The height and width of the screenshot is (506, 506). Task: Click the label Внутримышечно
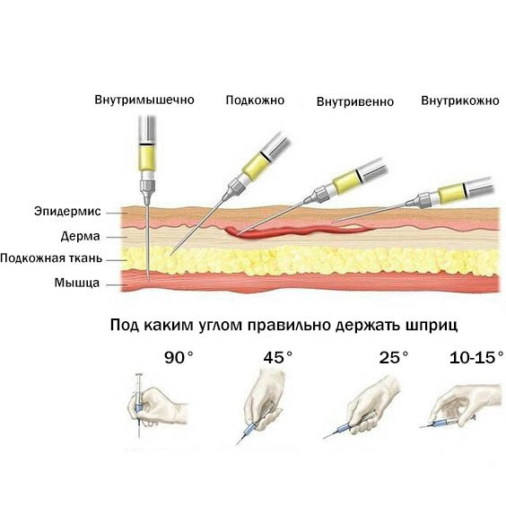144,100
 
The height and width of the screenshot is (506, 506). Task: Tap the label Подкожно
255,100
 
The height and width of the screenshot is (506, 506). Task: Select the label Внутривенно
355,101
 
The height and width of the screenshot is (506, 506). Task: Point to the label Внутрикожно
460,100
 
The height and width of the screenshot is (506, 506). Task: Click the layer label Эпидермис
67,212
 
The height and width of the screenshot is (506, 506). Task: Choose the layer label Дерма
81,237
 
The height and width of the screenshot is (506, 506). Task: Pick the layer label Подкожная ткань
51,258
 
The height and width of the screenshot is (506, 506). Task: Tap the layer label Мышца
77,283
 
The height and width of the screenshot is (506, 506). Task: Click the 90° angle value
179,358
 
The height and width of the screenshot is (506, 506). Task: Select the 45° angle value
278,358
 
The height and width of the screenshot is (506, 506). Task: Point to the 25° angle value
394,358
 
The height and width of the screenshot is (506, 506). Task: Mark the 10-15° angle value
476,358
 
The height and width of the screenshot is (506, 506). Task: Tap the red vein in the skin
297,231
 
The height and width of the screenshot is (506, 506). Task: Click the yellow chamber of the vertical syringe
147,158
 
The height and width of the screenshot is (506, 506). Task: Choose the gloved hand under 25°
374,404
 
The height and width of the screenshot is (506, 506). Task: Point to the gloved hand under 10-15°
465,404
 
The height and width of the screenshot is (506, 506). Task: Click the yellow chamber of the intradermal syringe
452,194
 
